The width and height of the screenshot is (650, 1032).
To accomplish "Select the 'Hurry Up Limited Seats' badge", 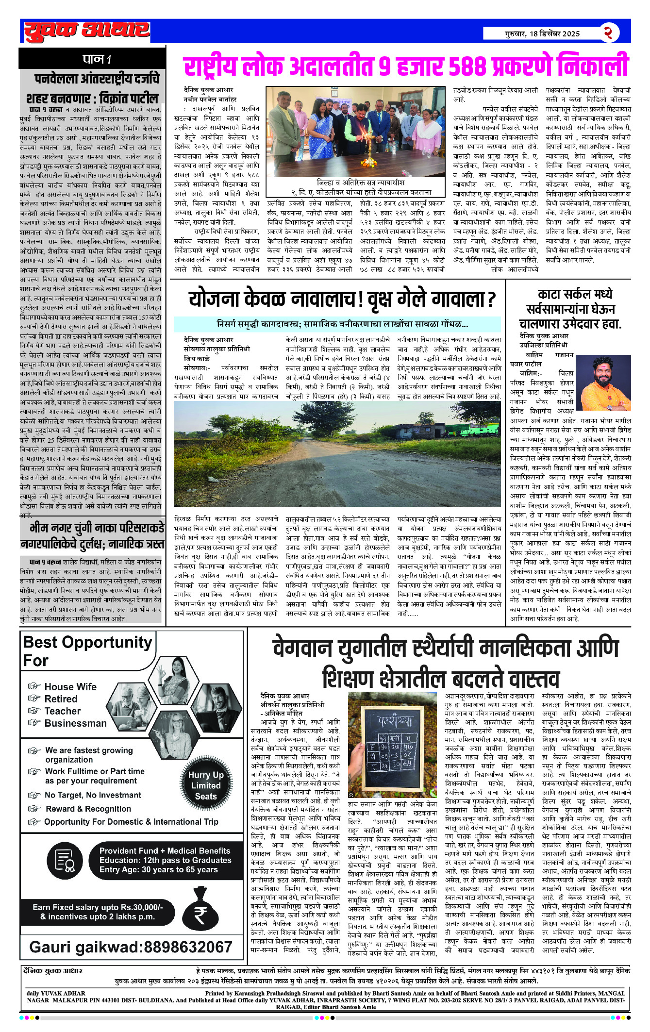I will point(206,786).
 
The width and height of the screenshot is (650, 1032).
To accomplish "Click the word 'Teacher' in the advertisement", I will point(62,711).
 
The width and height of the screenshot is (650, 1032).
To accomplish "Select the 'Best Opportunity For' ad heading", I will point(87,651).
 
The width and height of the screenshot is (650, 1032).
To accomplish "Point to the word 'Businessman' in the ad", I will point(75,723).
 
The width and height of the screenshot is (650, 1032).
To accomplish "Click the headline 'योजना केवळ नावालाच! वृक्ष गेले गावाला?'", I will point(342,300).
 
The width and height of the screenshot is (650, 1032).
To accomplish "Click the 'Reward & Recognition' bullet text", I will point(88,809).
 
